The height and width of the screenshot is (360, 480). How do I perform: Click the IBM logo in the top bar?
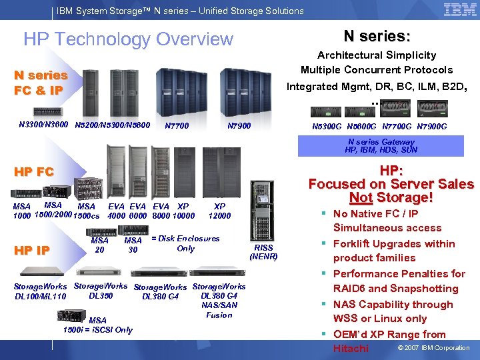pyautogui.click(x=460, y=9)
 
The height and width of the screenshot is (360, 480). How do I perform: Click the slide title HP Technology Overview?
pyautogui.click(x=128, y=39)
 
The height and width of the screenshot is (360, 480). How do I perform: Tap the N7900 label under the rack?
pyautogui.click(x=239, y=126)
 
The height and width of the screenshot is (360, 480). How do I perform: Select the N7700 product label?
pyautogui.click(x=176, y=126)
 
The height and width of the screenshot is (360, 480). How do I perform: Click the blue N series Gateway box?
pyautogui.click(x=381, y=145)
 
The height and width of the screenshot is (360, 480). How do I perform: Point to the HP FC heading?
pyautogui.click(x=34, y=172)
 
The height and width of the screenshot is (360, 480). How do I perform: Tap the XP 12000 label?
pyautogui.click(x=219, y=211)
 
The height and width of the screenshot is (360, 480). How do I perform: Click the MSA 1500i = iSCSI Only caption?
pyautogui.click(x=97, y=325)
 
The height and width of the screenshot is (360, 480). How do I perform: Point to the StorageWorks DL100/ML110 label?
pyautogui.click(x=40, y=291)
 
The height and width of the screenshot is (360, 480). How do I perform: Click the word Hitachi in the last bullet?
pyautogui.click(x=351, y=348)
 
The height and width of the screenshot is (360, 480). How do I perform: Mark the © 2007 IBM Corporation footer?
pyautogui.click(x=433, y=348)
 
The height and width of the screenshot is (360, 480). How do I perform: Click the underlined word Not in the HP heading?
pyautogui.click(x=361, y=198)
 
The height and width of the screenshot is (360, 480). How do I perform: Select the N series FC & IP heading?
pyautogui.click(x=41, y=83)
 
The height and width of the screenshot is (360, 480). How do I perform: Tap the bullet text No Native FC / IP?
pyautogui.click(x=376, y=214)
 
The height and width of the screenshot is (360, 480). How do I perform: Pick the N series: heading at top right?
pyautogui.click(x=377, y=36)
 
